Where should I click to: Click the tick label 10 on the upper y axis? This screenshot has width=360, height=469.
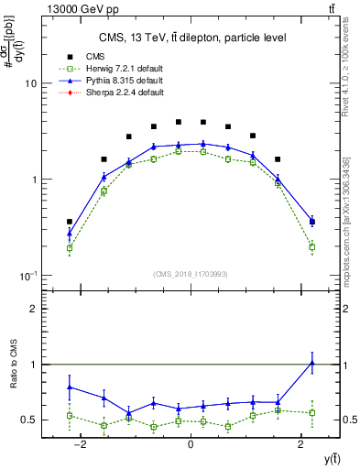pyautogui.click(x=29, y=83)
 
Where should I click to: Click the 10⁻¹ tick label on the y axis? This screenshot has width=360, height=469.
pyautogui.click(x=27, y=276)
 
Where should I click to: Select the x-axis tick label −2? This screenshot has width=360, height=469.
pyautogui.click(x=81, y=445)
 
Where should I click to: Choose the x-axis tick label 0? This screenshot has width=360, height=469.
pyautogui.click(x=191, y=445)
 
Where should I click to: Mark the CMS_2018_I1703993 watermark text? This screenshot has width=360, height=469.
pyautogui.click(x=191, y=273)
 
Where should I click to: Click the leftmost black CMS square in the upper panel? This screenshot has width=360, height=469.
pyautogui.click(x=70, y=222)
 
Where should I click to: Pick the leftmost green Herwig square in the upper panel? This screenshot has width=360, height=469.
pyautogui.click(x=70, y=247)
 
